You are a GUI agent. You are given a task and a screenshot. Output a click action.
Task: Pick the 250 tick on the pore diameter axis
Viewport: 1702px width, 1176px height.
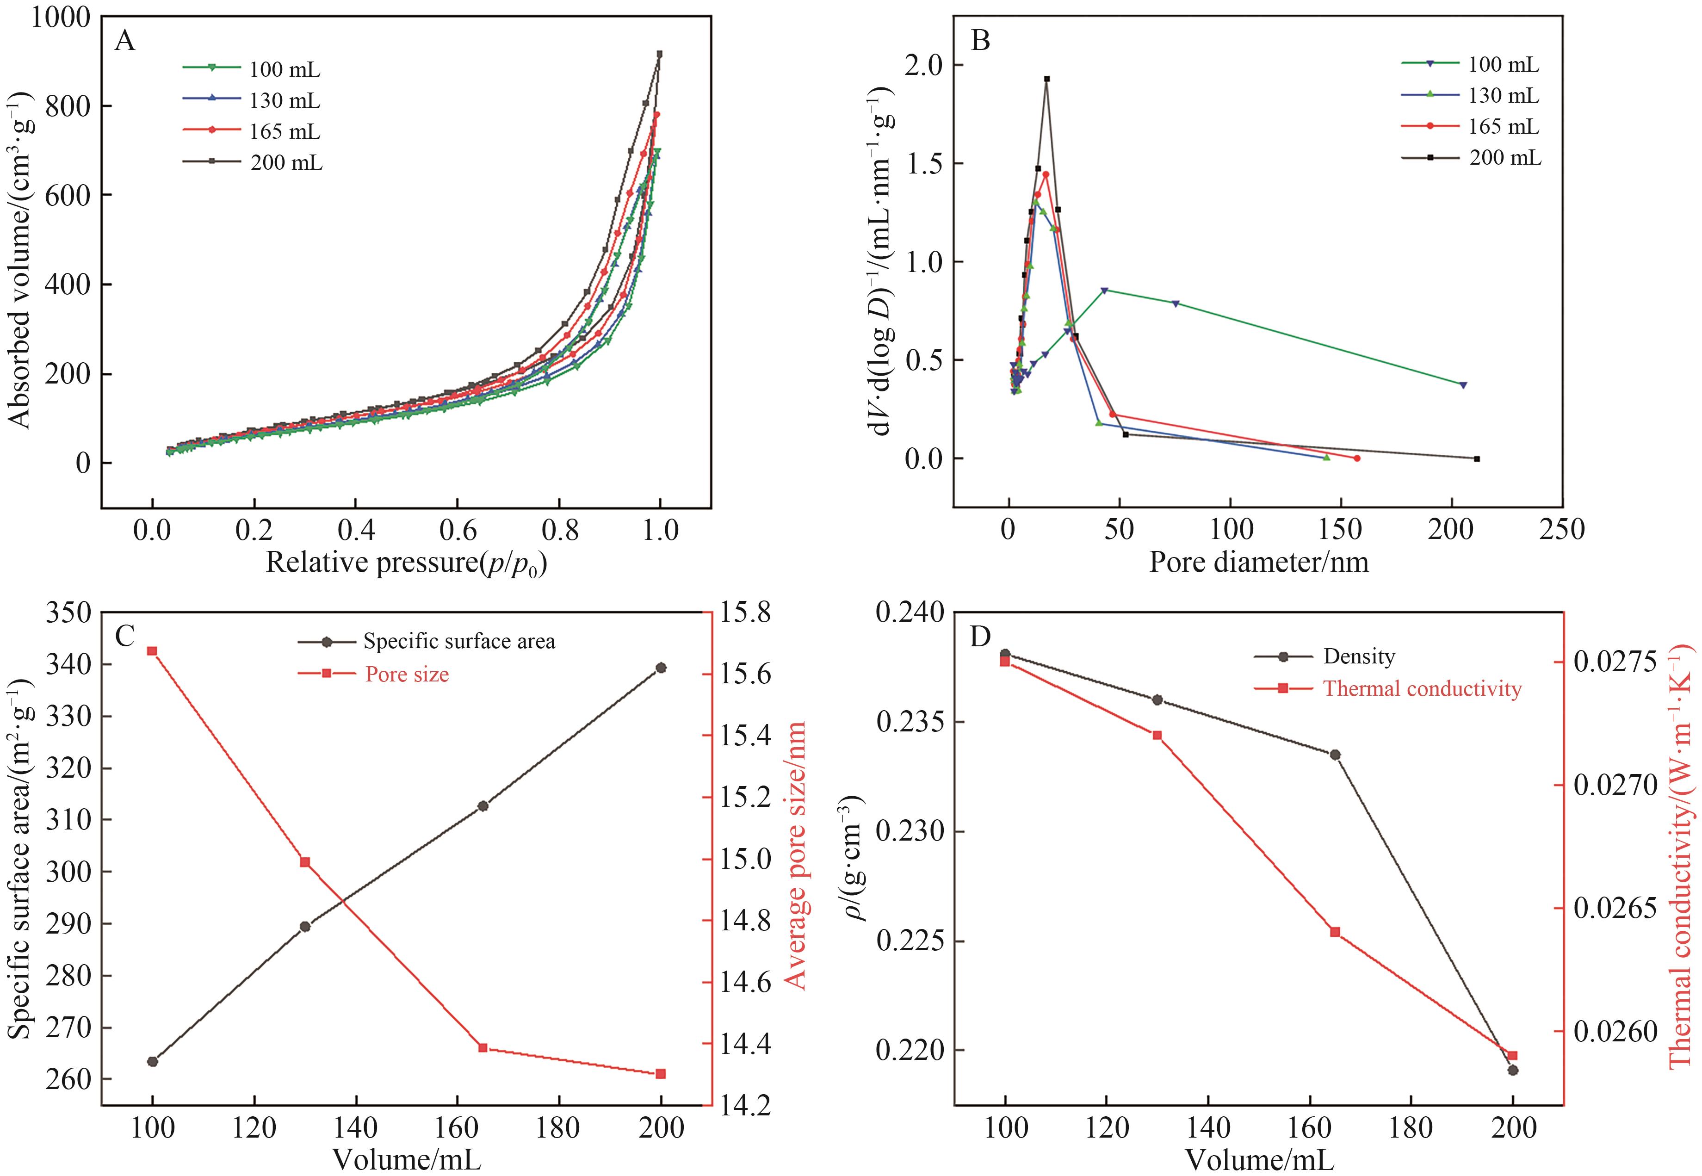click(1562, 529)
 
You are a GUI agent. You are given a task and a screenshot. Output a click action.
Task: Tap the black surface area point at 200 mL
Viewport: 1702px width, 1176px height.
click(661, 668)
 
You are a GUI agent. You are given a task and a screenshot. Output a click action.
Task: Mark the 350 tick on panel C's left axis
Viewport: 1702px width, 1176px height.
click(68, 613)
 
